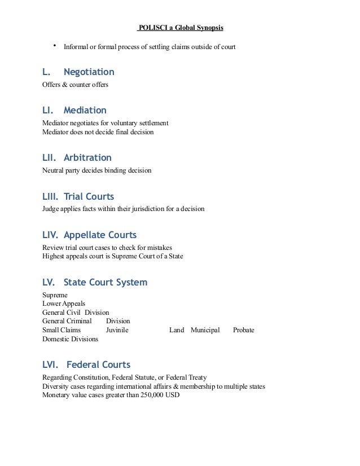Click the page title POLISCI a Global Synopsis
[184, 28]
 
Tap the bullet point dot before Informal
[55, 46]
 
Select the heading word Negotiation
[89, 72]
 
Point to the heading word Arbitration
[87, 158]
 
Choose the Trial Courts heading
[89, 197]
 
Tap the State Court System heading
[106, 282]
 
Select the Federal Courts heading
[98, 365]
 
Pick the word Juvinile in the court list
[117, 329]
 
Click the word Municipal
[205, 329]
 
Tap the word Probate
[244, 329]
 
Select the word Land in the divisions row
[177, 329]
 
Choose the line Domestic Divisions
[70, 339]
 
